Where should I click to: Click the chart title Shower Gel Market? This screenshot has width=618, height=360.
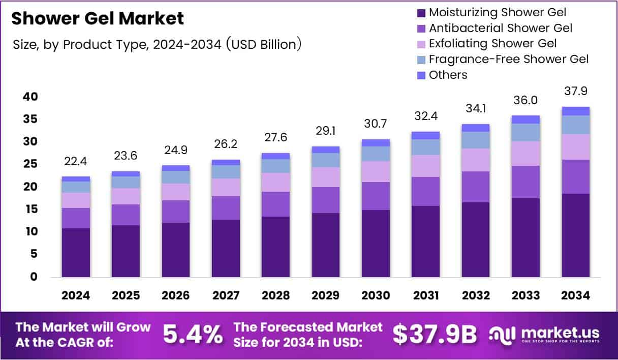(97, 19)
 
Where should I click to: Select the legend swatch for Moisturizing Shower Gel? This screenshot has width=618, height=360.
(421, 12)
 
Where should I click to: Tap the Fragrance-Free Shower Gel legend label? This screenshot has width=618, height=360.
(508, 59)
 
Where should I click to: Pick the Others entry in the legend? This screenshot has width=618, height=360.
(448, 75)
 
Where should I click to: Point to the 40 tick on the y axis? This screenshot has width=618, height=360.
(31, 97)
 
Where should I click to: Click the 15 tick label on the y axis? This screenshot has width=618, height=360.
(31, 209)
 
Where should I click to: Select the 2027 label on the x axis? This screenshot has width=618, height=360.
(226, 296)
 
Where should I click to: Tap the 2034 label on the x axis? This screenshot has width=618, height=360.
(575, 296)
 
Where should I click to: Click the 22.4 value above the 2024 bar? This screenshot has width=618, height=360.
(76, 162)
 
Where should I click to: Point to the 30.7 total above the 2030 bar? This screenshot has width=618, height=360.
(376, 125)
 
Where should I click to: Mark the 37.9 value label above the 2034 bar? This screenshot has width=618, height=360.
(575, 92)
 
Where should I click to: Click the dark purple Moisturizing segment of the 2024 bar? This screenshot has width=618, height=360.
(76, 252)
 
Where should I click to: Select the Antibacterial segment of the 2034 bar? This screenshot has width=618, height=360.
(575, 176)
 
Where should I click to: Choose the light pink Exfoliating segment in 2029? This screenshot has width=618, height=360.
(326, 177)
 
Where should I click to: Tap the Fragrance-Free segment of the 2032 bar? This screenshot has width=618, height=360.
(476, 140)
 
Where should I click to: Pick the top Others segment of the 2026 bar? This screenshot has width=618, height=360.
(176, 168)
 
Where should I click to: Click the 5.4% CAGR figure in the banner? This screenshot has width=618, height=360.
(193, 334)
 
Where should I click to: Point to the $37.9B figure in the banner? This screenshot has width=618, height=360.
(435, 334)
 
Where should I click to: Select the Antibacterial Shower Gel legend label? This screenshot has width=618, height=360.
(501, 28)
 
